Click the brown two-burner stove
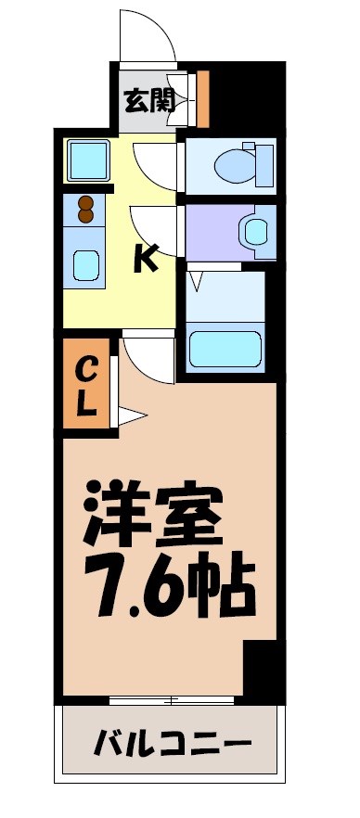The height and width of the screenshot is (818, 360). click(86, 211)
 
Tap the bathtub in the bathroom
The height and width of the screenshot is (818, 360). click(225, 349)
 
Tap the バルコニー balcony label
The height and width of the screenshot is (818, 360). click(173, 743)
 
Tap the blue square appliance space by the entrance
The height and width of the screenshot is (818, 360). click(88, 160)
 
